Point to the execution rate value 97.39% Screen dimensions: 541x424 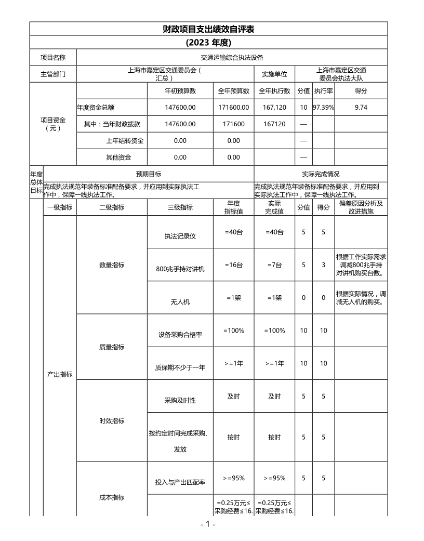pyautogui.click(x=323, y=107)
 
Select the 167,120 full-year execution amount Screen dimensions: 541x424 pyautogui.click(x=275, y=107)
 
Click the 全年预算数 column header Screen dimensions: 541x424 pyautogui.click(x=234, y=91)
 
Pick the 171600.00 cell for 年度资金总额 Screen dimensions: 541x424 pyautogui.click(x=234, y=107)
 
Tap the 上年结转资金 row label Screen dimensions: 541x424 pyautogui.click(x=125, y=140)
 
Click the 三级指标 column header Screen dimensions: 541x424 pyautogui.click(x=180, y=207)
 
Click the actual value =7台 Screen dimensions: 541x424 pyautogui.click(x=275, y=265)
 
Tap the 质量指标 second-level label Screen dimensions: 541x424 pyautogui.click(x=112, y=347)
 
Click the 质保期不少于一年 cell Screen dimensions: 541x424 pyautogui.click(x=180, y=367)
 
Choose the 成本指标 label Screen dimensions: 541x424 pyautogui.click(x=112, y=497)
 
